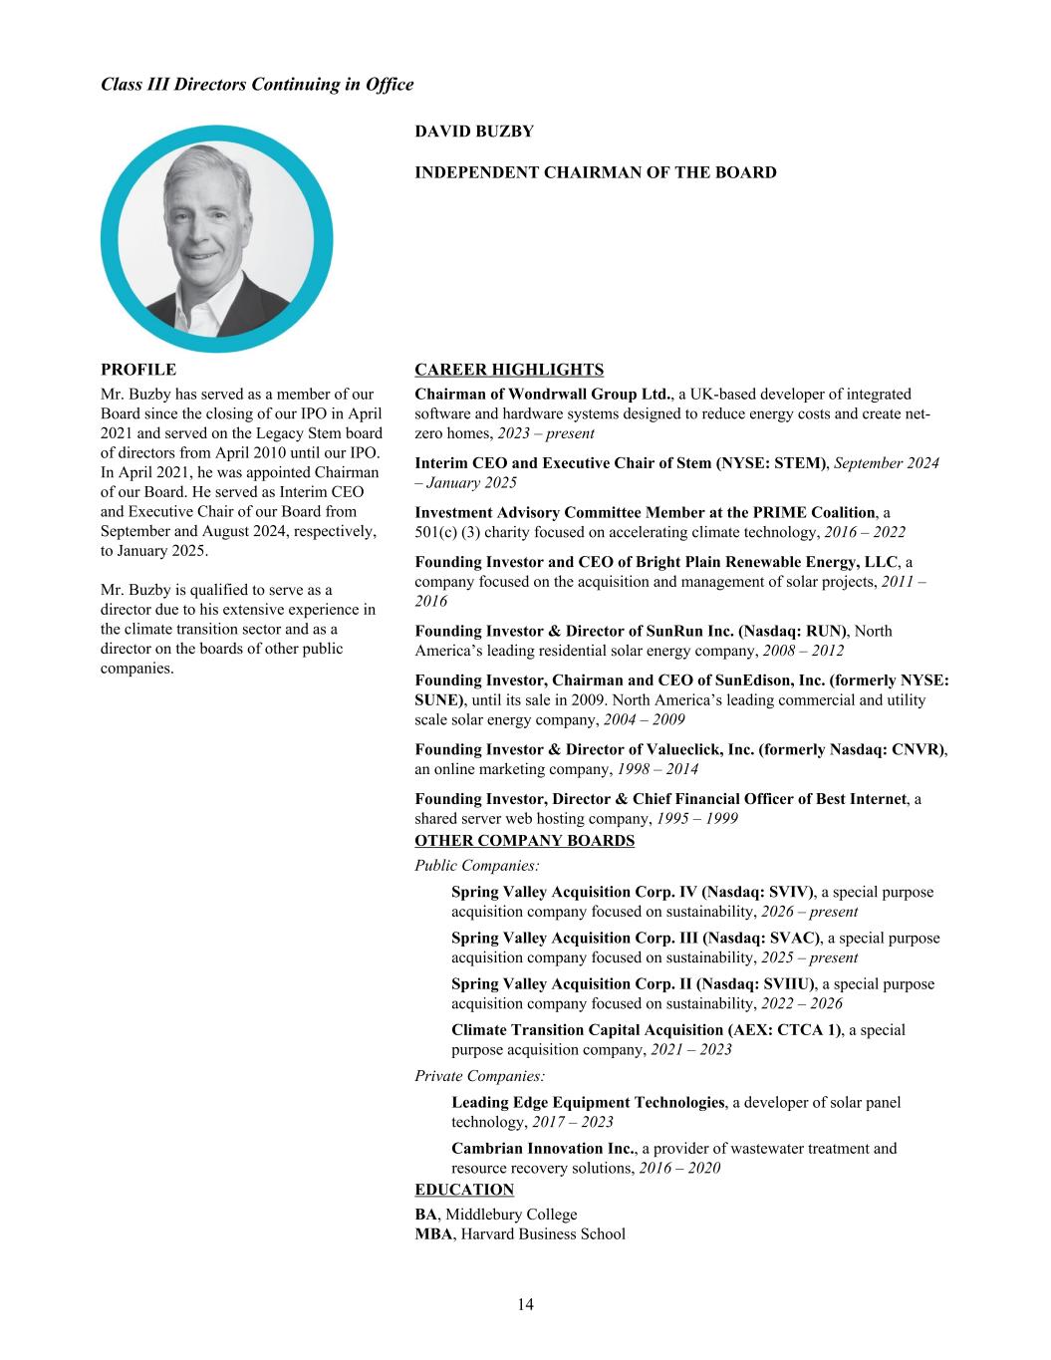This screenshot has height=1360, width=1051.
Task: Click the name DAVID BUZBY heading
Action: click(474, 132)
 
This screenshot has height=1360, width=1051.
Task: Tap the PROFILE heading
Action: click(138, 370)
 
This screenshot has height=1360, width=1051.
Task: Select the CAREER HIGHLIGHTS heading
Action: click(509, 370)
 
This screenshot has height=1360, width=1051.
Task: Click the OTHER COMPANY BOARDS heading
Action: click(524, 840)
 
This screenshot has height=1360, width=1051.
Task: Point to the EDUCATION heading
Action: click(464, 1190)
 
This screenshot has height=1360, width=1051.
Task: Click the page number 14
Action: click(525, 1305)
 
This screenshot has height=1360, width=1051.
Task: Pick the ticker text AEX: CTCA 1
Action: click(788, 1029)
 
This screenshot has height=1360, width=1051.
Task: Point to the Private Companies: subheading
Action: click(479, 1075)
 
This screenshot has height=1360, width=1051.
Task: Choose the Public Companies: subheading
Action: click(477, 866)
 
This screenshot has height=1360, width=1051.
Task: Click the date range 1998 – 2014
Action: click(657, 769)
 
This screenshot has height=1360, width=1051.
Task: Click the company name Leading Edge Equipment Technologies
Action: click(588, 1102)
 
